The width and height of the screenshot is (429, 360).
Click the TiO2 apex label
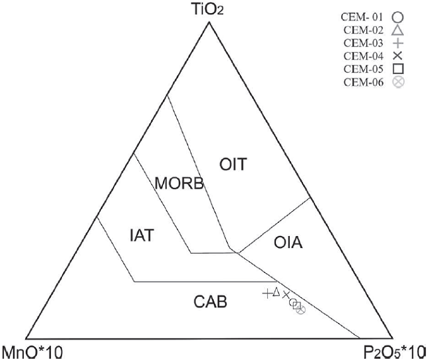click(x=209, y=9)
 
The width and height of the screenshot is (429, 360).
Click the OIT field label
click(x=233, y=165)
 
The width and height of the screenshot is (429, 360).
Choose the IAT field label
click(x=141, y=234)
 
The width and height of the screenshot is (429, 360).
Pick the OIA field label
click(x=287, y=245)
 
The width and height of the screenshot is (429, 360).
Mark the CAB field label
click(x=211, y=303)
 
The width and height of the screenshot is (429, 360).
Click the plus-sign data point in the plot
click(x=267, y=293)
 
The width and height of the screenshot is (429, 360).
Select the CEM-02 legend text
click(x=367, y=30)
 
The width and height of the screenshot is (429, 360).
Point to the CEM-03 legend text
click(x=367, y=40)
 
